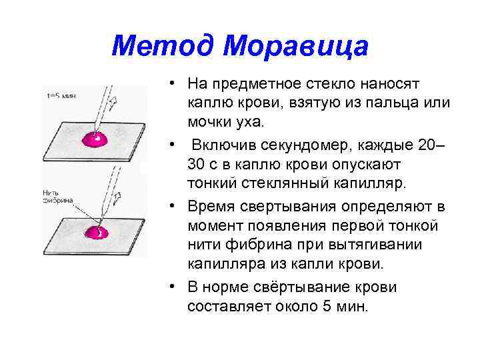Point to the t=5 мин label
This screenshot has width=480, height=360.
pos(61,95)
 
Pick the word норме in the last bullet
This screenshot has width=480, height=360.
pos(227,287)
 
